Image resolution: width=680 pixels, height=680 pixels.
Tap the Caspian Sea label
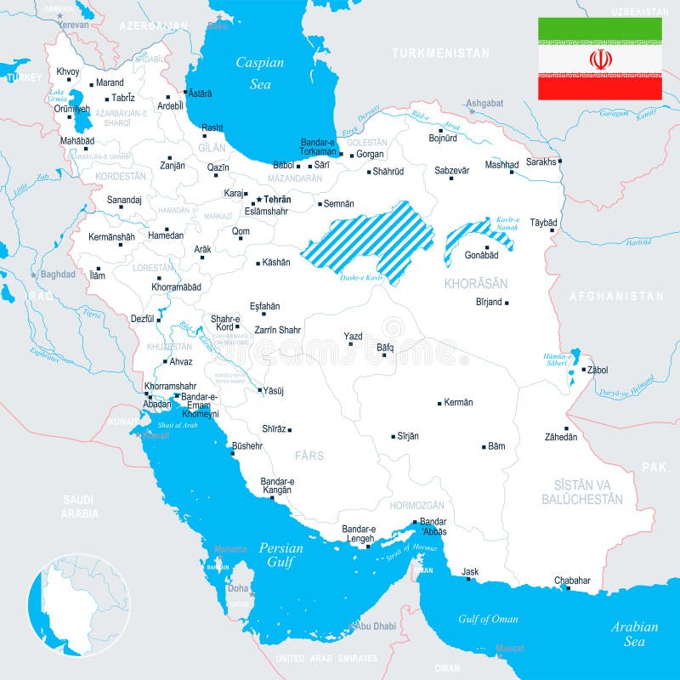[x=260, y=73]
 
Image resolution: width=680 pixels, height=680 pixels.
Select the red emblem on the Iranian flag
[x=600, y=59]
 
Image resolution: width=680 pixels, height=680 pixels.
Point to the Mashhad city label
[x=501, y=165]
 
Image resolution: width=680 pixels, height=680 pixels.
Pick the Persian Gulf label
[x=280, y=555]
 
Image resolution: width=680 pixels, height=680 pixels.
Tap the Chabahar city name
[x=572, y=581]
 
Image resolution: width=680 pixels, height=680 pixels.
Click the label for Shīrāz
[x=274, y=429]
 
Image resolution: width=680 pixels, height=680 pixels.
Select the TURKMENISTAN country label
[x=440, y=53]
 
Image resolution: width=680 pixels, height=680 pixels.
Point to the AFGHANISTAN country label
[x=616, y=297]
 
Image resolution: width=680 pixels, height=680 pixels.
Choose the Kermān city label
[x=458, y=402]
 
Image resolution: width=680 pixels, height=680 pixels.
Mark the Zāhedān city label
[x=561, y=437]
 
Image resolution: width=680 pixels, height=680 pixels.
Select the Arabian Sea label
[x=634, y=634]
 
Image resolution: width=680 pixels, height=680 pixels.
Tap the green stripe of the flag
[x=600, y=30]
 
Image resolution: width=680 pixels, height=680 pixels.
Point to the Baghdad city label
[x=58, y=275]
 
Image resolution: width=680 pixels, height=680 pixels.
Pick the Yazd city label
[x=353, y=336]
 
